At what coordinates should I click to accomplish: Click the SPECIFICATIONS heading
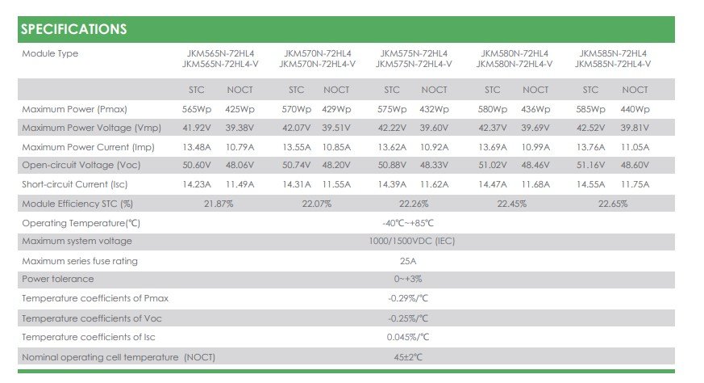(73, 29)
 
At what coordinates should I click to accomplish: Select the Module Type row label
(50, 53)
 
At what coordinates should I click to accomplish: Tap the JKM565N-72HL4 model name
(220, 53)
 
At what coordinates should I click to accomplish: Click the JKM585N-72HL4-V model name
(613, 64)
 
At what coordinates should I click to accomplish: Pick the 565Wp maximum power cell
(196, 109)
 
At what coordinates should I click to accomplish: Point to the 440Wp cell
(635, 109)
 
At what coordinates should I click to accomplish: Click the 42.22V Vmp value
(392, 128)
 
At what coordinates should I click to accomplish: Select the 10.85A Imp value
(336, 147)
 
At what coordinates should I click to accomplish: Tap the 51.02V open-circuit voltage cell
(492, 165)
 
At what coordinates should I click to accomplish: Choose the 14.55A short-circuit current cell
(590, 184)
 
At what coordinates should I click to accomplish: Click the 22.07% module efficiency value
(317, 204)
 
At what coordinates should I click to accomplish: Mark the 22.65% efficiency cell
(613, 204)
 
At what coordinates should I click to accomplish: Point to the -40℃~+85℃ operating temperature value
(408, 223)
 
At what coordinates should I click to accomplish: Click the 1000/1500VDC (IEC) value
(412, 242)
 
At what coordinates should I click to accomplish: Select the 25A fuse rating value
(408, 261)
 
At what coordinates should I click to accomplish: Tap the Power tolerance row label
(58, 279)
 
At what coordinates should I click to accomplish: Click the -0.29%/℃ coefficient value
(408, 298)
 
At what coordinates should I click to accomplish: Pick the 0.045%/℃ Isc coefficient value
(408, 337)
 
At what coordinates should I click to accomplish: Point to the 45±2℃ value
(408, 357)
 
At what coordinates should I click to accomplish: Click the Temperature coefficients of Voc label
(92, 318)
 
